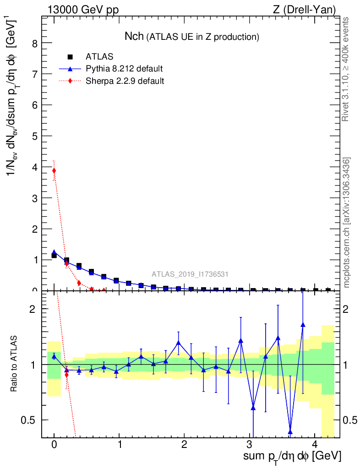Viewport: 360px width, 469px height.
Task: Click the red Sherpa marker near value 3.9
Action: coord(54,171)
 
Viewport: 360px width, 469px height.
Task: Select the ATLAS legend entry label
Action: coord(99,57)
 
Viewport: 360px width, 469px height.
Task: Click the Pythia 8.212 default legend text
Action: coord(124,69)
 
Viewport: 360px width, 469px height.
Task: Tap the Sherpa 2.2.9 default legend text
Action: coord(125,81)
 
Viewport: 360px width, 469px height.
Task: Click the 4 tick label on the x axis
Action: coord(315,445)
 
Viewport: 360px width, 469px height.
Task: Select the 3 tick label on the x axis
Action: coord(250,445)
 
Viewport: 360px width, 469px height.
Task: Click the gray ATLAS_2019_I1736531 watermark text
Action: coord(190,274)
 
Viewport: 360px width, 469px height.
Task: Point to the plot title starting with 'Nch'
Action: coord(192,36)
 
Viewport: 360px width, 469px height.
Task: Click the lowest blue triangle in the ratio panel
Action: coord(290,432)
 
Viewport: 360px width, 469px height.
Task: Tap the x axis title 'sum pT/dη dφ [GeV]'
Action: coord(292,456)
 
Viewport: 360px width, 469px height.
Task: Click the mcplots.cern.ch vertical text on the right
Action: coord(347,223)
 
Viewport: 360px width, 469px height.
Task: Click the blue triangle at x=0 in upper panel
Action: coord(54,252)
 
